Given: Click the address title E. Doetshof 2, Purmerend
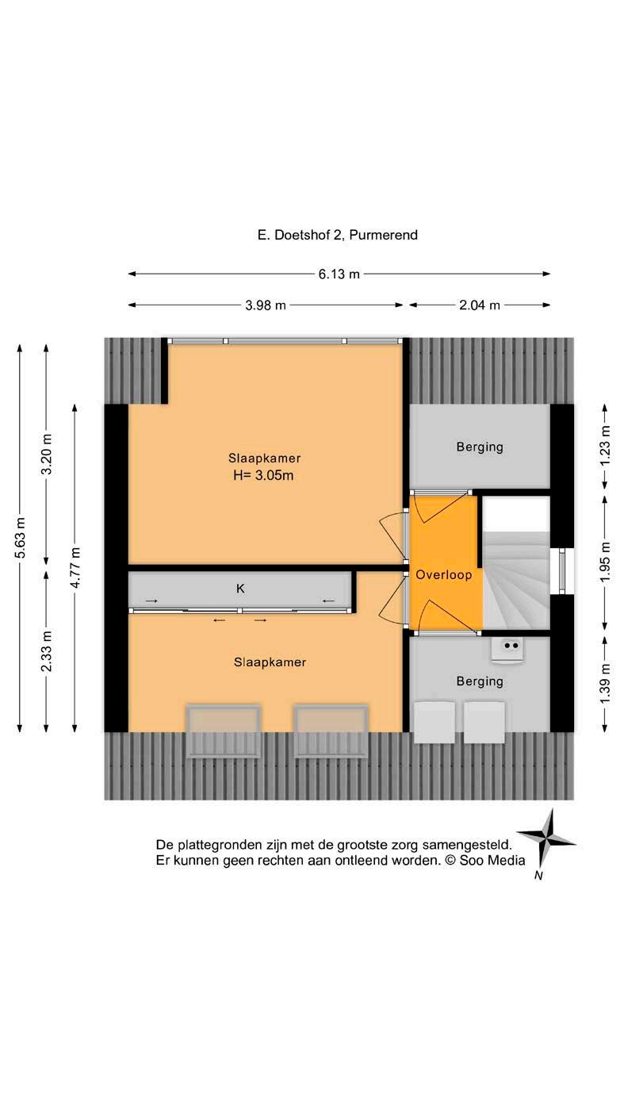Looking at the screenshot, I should tap(338, 235).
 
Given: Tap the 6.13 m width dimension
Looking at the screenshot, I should tap(339, 274).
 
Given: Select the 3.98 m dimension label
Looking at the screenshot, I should tap(266, 305).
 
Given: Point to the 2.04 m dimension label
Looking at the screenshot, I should tap(480, 305).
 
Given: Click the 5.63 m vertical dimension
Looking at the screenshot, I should tap(21, 538).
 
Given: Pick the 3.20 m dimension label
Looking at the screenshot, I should tap(47, 455).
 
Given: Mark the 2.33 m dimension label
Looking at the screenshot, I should tap(47, 650).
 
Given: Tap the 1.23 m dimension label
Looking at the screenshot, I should tap(606, 447).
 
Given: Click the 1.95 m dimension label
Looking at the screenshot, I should tap(606, 562).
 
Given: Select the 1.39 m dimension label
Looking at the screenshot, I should tap(606, 681).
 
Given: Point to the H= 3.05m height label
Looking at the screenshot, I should tap(264, 476).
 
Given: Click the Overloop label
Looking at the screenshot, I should tap(444, 575).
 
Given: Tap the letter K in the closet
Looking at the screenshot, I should tap(240, 589).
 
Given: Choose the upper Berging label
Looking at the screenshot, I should tap(479, 447).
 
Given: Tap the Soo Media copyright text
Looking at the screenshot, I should tap(486, 860).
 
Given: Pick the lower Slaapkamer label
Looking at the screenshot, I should tap(270, 662).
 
